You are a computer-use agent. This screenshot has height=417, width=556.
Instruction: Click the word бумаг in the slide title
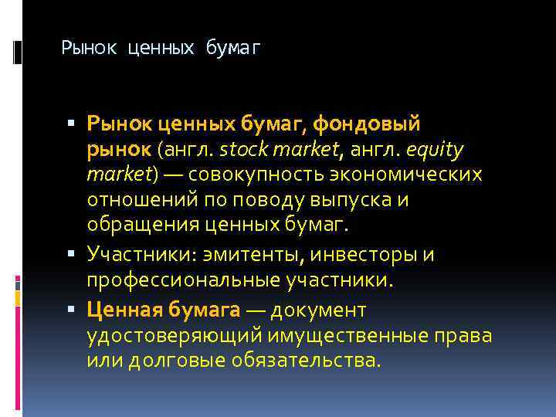click(x=234, y=49)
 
